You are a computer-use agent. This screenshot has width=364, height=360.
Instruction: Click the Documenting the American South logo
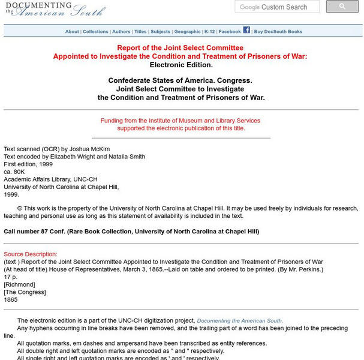[54, 9]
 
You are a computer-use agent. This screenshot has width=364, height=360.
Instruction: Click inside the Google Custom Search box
[278, 7]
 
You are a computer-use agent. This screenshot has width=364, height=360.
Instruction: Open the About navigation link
[72, 32]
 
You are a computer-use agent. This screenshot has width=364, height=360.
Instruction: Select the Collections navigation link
[95, 32]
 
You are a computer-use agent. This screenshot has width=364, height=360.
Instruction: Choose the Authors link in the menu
[121, 32]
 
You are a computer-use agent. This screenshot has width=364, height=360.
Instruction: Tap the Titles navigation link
[140, 32]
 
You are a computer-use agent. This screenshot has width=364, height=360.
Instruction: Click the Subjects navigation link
[160, 32]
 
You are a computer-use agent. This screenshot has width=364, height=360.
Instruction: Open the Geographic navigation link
[187, 32]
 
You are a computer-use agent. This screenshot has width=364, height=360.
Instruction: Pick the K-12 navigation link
[209, 32]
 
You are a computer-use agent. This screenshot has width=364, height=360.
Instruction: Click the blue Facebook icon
[246, 30]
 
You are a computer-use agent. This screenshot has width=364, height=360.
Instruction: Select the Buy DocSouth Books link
[278, 32]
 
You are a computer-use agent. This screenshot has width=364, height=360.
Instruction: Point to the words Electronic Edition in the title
[181, 65]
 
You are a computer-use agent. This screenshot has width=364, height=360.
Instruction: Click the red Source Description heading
[31, 254]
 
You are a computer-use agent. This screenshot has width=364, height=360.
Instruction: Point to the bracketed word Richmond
[19, 284]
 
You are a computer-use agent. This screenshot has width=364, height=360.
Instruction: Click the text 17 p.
[10, 277]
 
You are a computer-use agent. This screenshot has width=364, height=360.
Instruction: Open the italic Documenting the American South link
[240, 321]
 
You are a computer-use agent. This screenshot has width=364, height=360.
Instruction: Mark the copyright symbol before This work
[20, 208]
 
